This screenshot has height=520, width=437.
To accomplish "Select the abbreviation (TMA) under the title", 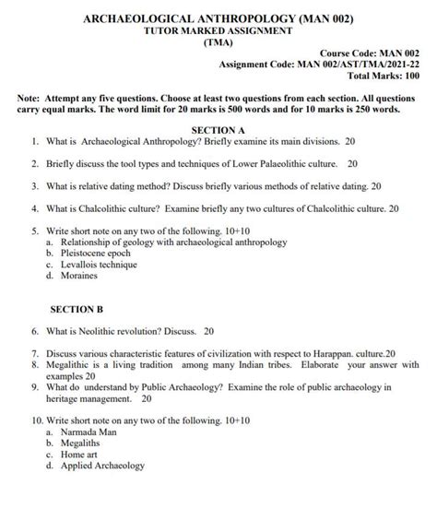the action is [x=218, y=42].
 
